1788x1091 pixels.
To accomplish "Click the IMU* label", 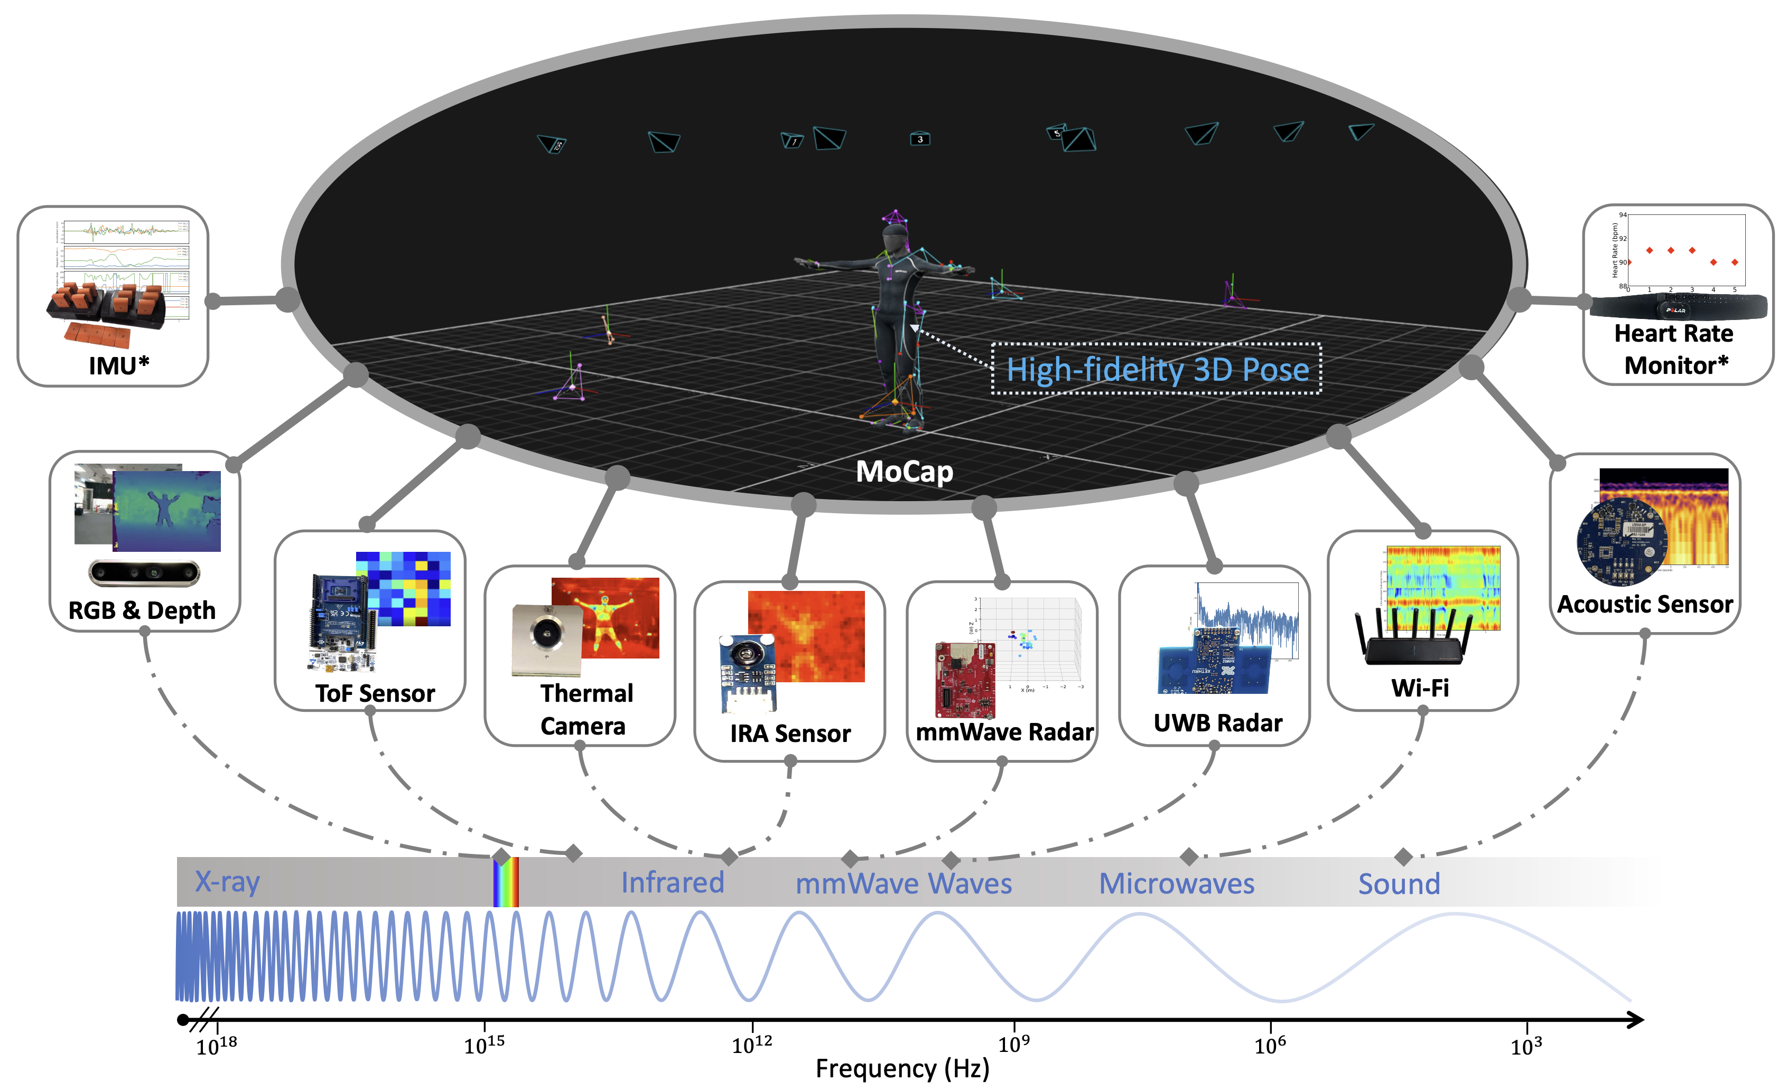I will [x=118, y=365].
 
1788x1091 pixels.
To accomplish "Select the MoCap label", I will [x=904, y=472].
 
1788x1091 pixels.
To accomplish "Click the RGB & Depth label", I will [x=142, y=610].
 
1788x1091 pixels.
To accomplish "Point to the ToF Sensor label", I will [x=375, y=693].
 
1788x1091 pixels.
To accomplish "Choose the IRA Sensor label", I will [x=790, y=733].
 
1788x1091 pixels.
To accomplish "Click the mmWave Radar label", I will [x=1004, y=732].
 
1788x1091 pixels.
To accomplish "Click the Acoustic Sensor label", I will [x=1644, y=604].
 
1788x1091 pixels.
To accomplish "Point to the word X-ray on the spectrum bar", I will [x=227, y=881].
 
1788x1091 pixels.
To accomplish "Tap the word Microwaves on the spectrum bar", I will [x=1176, y=883].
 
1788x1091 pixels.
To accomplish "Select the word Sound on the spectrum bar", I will [x=1399, y=883].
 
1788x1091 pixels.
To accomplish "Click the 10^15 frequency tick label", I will [x=484, y=1045].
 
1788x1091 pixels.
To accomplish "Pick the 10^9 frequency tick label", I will [x=1014, y=1045].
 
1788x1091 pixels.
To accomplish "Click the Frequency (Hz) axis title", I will [x=902, y=1068].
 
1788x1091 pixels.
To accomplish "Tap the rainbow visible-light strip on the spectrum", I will [x=506, y=881].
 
